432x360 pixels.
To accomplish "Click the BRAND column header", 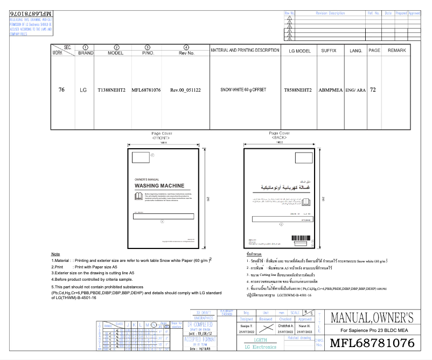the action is click(86, 53).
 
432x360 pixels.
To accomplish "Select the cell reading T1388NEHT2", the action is click(112, 90).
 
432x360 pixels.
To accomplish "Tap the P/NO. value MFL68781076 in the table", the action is click(147, 90).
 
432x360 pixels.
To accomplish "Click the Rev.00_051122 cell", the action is click(185, 90).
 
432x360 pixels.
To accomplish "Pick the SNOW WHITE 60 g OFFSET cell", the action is click(243, 89).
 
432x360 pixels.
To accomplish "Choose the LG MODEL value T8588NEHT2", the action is click(298, 89).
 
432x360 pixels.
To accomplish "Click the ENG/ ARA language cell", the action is click(356, 90).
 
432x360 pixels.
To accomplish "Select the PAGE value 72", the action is click(373, 89).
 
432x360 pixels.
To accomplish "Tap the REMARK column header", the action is click(396, 50).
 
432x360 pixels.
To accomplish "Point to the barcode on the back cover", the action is click(300, 238).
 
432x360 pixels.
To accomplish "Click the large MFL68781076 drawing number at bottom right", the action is click(372, 343).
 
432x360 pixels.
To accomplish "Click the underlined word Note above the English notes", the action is click(55, 254).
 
